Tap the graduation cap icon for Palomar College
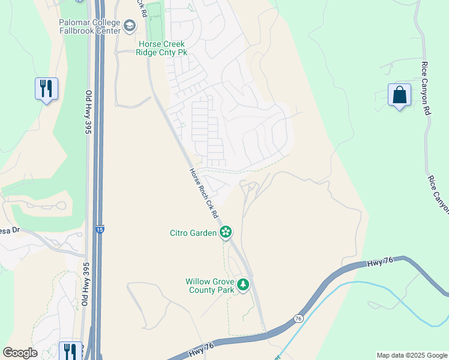coord(130,26)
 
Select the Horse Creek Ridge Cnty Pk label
coord(162,49)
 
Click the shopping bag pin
coord(399,95)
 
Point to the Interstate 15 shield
coord(98,229)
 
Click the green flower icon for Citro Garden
coord(226,232)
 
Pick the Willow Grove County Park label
coord(209,286)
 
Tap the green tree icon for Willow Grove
coord(243,284)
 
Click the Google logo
coord(20,353)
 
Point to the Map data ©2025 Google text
coord(411,355)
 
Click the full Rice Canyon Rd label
coord(426,88)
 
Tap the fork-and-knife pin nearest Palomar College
coord(46,89)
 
